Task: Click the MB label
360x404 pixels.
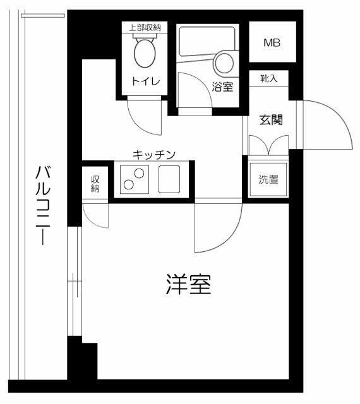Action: coord(272,44)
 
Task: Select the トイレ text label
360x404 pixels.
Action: coord(145,81)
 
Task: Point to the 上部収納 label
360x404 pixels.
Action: coord(145,27)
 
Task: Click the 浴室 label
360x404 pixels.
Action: coord(223,88)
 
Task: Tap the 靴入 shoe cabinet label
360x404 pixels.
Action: coord(268,78)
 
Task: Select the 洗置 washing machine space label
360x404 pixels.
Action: coord(268,179)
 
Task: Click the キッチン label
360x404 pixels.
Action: coord(153,153)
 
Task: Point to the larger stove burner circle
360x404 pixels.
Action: coord(139,173)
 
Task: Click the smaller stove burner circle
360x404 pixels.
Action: coord(128,185)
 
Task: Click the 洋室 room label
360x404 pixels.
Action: coord(188,285)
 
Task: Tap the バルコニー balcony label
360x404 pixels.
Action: coord(42,205)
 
